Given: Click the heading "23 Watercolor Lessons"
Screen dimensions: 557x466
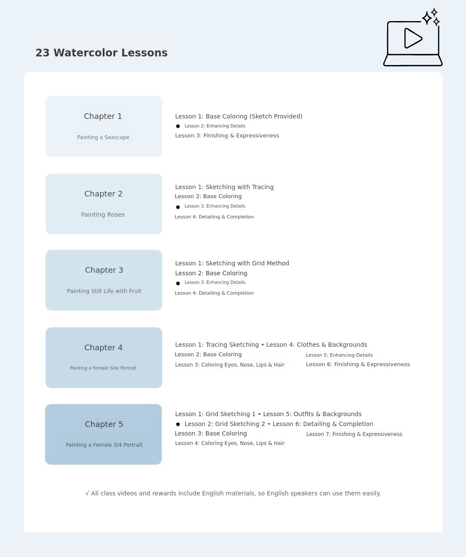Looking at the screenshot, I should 101,53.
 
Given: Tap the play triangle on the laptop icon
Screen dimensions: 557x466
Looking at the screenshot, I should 412,38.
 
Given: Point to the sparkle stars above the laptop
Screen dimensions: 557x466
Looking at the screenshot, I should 431,17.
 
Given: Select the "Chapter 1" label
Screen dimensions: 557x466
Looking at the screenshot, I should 103,116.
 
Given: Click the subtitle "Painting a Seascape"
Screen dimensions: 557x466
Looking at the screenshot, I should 103,137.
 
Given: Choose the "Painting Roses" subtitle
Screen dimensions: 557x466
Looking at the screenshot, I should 103,215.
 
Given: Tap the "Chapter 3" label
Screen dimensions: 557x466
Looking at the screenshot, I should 104,270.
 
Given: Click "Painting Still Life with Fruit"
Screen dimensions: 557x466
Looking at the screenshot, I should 104,291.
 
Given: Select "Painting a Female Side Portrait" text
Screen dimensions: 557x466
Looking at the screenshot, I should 103,368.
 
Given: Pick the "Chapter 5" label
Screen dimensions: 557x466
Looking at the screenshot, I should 104,424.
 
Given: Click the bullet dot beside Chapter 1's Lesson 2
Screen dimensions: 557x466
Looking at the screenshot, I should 178,126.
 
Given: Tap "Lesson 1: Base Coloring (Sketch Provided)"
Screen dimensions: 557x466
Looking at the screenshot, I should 239,116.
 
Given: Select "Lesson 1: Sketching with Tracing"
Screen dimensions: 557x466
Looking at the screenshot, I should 224,187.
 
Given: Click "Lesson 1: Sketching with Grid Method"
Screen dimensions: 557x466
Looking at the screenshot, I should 232,263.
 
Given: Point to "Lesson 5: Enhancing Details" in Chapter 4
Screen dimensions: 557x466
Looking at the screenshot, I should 339,355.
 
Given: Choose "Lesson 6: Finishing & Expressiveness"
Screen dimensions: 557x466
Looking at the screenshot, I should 358,364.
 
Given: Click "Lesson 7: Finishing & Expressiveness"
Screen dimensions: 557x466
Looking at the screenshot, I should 354,434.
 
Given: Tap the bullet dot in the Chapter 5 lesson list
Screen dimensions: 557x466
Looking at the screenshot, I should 178,424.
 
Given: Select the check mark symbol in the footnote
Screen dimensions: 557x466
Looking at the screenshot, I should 87,493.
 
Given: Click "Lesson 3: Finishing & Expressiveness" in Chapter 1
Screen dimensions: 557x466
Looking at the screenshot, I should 227,136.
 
